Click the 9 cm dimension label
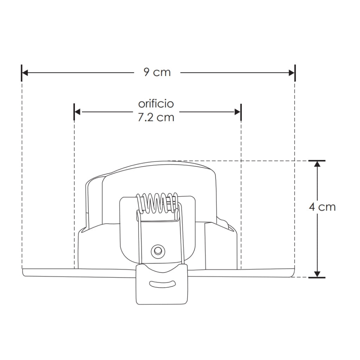[157, 72]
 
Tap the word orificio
[156, 104]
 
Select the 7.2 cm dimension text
[156, 117]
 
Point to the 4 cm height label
[322, 207]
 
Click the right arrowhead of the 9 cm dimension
[291, 73]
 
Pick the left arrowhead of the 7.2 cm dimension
[77, 112]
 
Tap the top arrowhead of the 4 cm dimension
[317, 164]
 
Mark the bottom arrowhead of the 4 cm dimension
[317, 274]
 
